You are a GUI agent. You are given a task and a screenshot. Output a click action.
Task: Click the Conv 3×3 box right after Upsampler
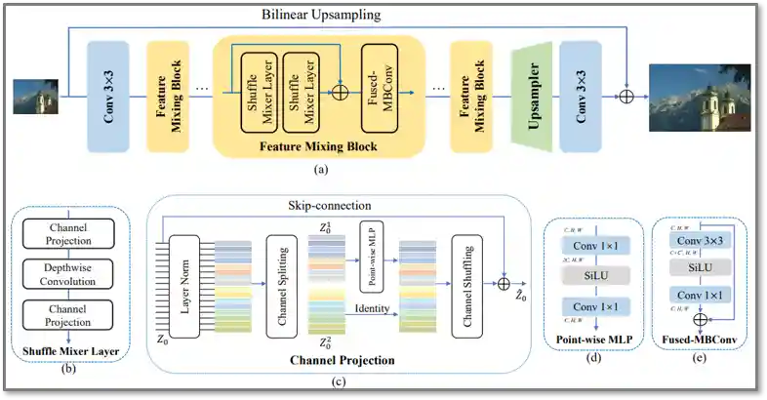581,96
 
